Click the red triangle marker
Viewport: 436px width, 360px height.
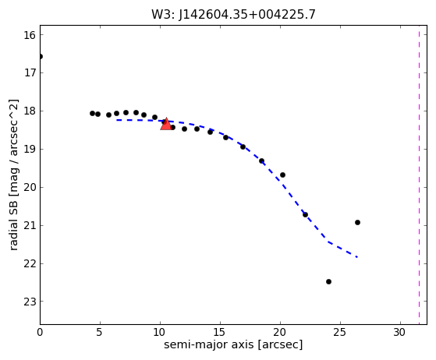(x=166, y=124)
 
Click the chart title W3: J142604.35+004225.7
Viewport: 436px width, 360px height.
(x=233, y=15)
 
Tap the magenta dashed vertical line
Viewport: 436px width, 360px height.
(x=419, y=175)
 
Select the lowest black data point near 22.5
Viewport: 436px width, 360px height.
(x=328, y=281)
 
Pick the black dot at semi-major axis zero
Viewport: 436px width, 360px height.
(x=41, y=57)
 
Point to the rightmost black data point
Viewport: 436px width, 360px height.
(x=357, y=222)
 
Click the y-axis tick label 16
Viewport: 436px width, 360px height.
(x=30, y=35)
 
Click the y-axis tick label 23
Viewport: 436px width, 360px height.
(x=30, y=302)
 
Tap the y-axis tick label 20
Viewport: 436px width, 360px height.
(x=30, y=188)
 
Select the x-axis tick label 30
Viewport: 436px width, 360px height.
(x=400, y=332)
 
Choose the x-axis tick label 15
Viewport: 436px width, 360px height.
(x=220, y=332)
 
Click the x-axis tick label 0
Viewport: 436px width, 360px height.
(x=40, y=332)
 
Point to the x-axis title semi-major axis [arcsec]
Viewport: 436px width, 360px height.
(x=233, y=344)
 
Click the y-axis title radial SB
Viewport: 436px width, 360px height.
(x=13, y=175)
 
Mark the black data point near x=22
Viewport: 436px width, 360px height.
(x=305, y=214)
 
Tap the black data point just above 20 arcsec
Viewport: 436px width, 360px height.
(x=282, y=175)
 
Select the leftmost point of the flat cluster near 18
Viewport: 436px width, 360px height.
(x=92, y=113)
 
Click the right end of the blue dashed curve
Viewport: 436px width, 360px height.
(x=357, y=257)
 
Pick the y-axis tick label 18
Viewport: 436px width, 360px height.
(x=30, y=111)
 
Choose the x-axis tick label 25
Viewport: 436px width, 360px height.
(x=340, y=332)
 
